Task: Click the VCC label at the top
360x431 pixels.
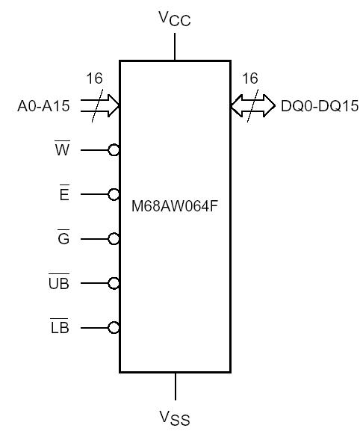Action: (x=176, y=18)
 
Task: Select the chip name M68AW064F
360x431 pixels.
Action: (x=176, y=202)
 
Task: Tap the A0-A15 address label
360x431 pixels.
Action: (x=43, y=107)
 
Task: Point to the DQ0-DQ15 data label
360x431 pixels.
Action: (x=320, y=107)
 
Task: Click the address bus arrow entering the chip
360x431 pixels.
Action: (x=103, y=106)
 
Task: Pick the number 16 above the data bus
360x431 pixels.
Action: (x=249, y=78)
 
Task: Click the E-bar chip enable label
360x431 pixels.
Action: (x=63, y=195)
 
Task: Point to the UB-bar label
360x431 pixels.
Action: (x=58, y=283)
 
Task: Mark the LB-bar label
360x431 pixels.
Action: (x=59, y=327)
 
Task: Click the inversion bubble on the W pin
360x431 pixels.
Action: (x=114, y=150)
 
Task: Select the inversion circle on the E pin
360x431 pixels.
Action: (x=114, y=194)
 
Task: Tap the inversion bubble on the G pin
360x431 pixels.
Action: (x=114, y=239)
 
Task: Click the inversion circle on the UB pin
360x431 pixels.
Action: (x=114, y=283)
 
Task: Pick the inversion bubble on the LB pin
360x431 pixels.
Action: (x=114, y=327)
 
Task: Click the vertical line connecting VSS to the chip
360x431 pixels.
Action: (x=176, y=386)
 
